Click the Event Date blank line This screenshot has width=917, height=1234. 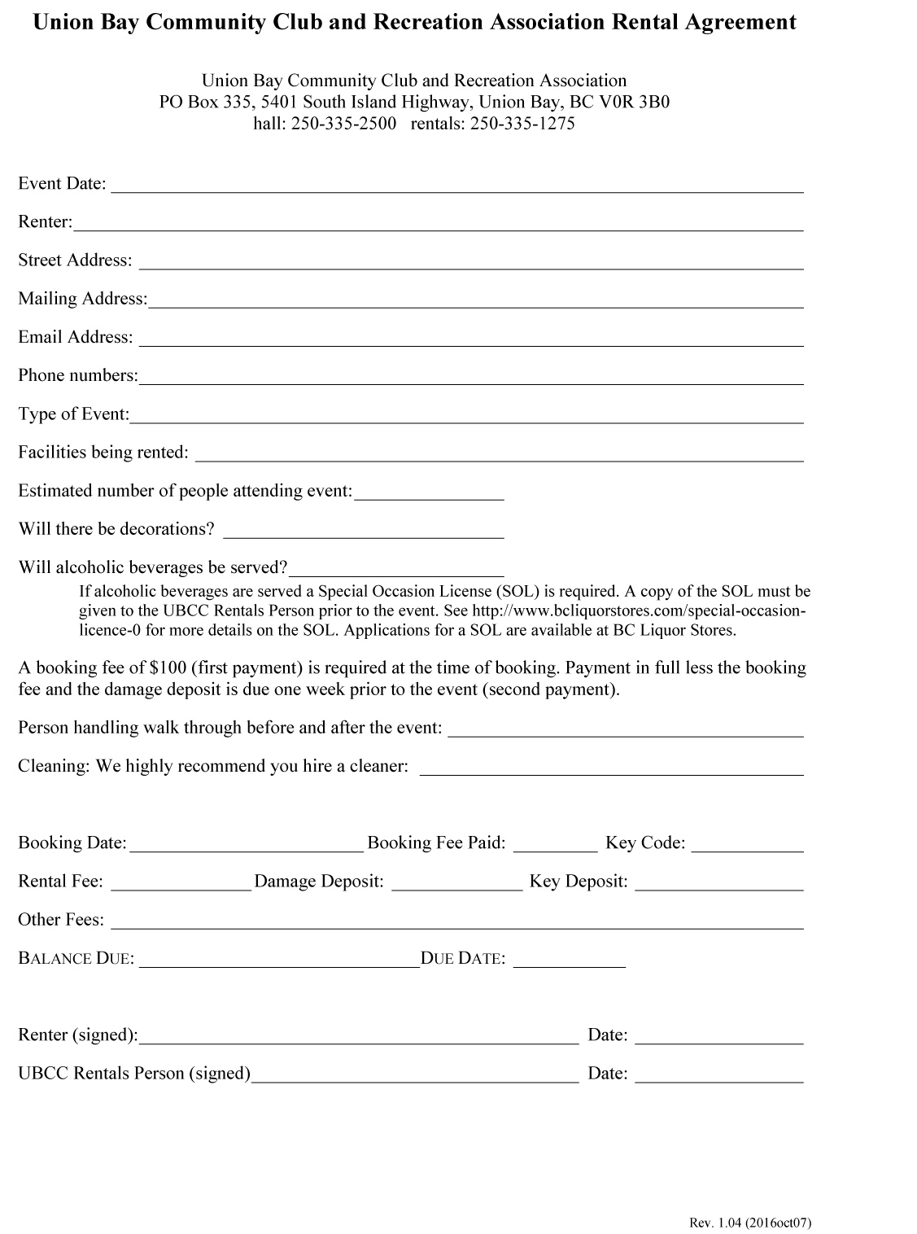456,187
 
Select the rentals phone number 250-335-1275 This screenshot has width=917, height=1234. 522,124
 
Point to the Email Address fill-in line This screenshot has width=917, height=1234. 470,341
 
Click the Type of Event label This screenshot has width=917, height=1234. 73,414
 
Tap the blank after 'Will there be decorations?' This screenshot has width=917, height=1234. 363,533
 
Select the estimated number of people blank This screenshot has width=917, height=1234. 429,495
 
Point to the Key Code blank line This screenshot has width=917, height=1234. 747,847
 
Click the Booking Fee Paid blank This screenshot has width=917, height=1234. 555,847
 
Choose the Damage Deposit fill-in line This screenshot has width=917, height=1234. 456,886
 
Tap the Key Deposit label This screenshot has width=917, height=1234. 579,882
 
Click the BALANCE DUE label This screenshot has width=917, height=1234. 76,959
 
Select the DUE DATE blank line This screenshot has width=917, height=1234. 569,962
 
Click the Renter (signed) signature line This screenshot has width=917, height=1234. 358,1039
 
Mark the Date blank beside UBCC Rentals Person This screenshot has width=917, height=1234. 718,1078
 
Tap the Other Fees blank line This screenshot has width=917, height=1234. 456,924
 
